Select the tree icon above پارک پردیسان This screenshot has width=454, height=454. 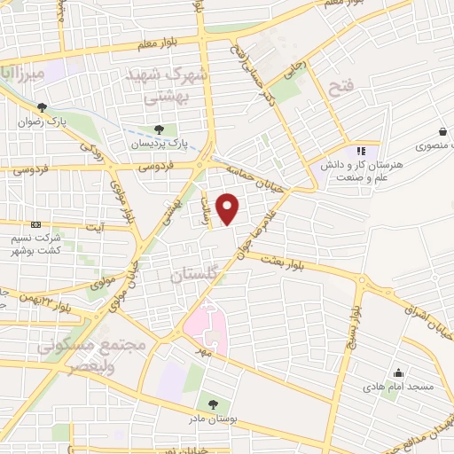pyautogui.click(x=159, y=129)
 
